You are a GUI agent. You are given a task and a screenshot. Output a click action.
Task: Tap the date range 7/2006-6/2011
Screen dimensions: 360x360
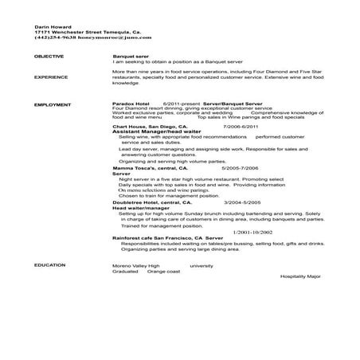(242, 127)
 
